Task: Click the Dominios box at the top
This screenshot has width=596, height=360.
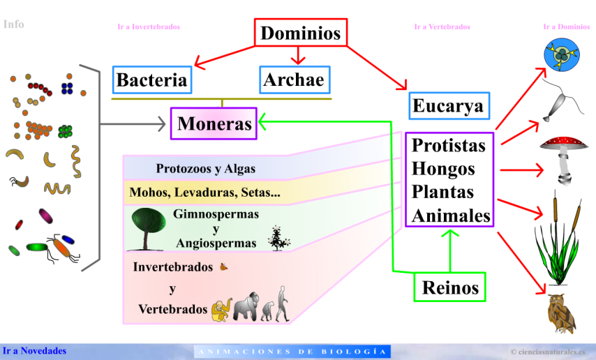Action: (x=300, y=33)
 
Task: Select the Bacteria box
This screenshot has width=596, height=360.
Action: (x=151, y=80)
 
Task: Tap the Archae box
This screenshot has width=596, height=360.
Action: (x=294, y=80)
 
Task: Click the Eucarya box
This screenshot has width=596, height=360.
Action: (x=448, y=106)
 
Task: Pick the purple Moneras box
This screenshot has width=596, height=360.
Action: (x=214, y=124)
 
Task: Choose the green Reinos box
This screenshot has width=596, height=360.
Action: (x=450, y=287)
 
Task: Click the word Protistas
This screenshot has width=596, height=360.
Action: (x=448, y=145)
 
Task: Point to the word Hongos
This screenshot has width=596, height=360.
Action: (x=443, y=169)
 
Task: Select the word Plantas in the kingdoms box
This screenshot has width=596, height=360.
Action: (x=442, y=192)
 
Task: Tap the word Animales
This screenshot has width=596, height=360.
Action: (x=451, y=216)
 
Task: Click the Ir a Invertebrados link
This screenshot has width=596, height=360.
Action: (x=149, y=27)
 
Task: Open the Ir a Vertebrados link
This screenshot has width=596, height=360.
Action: (x=442, y=27)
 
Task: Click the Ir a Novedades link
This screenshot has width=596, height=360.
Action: (x=34, y=350)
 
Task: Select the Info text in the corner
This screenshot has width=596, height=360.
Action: (x=13, y=24)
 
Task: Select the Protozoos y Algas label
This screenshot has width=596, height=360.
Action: (x=206, y=169)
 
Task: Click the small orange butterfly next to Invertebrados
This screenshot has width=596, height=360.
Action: (x=224, y=266)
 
